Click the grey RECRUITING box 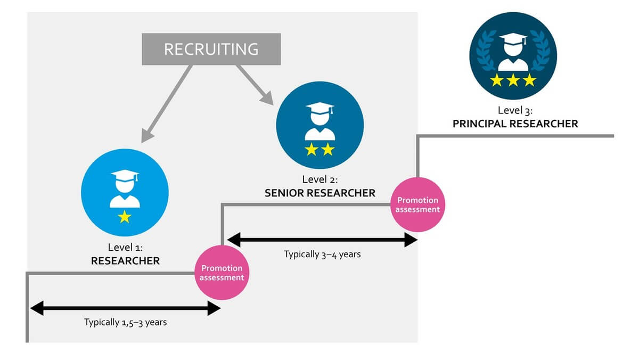coord(211,49)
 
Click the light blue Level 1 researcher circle coord(125,192)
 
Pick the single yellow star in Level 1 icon coord(125,216)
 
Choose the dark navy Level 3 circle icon coord(513,56)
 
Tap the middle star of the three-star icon coord(513,80)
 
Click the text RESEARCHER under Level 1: coord(125,261)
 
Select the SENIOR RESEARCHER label coord(319,193)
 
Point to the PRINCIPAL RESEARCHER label coord(515,124)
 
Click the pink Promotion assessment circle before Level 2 coord(222,273)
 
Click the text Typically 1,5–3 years coord(125,322)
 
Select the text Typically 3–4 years coord(322,255)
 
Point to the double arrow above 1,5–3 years coord(125,308)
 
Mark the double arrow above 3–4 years coord(322,240)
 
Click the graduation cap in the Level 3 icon coord(513,40)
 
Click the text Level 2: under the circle coord(319,179)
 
